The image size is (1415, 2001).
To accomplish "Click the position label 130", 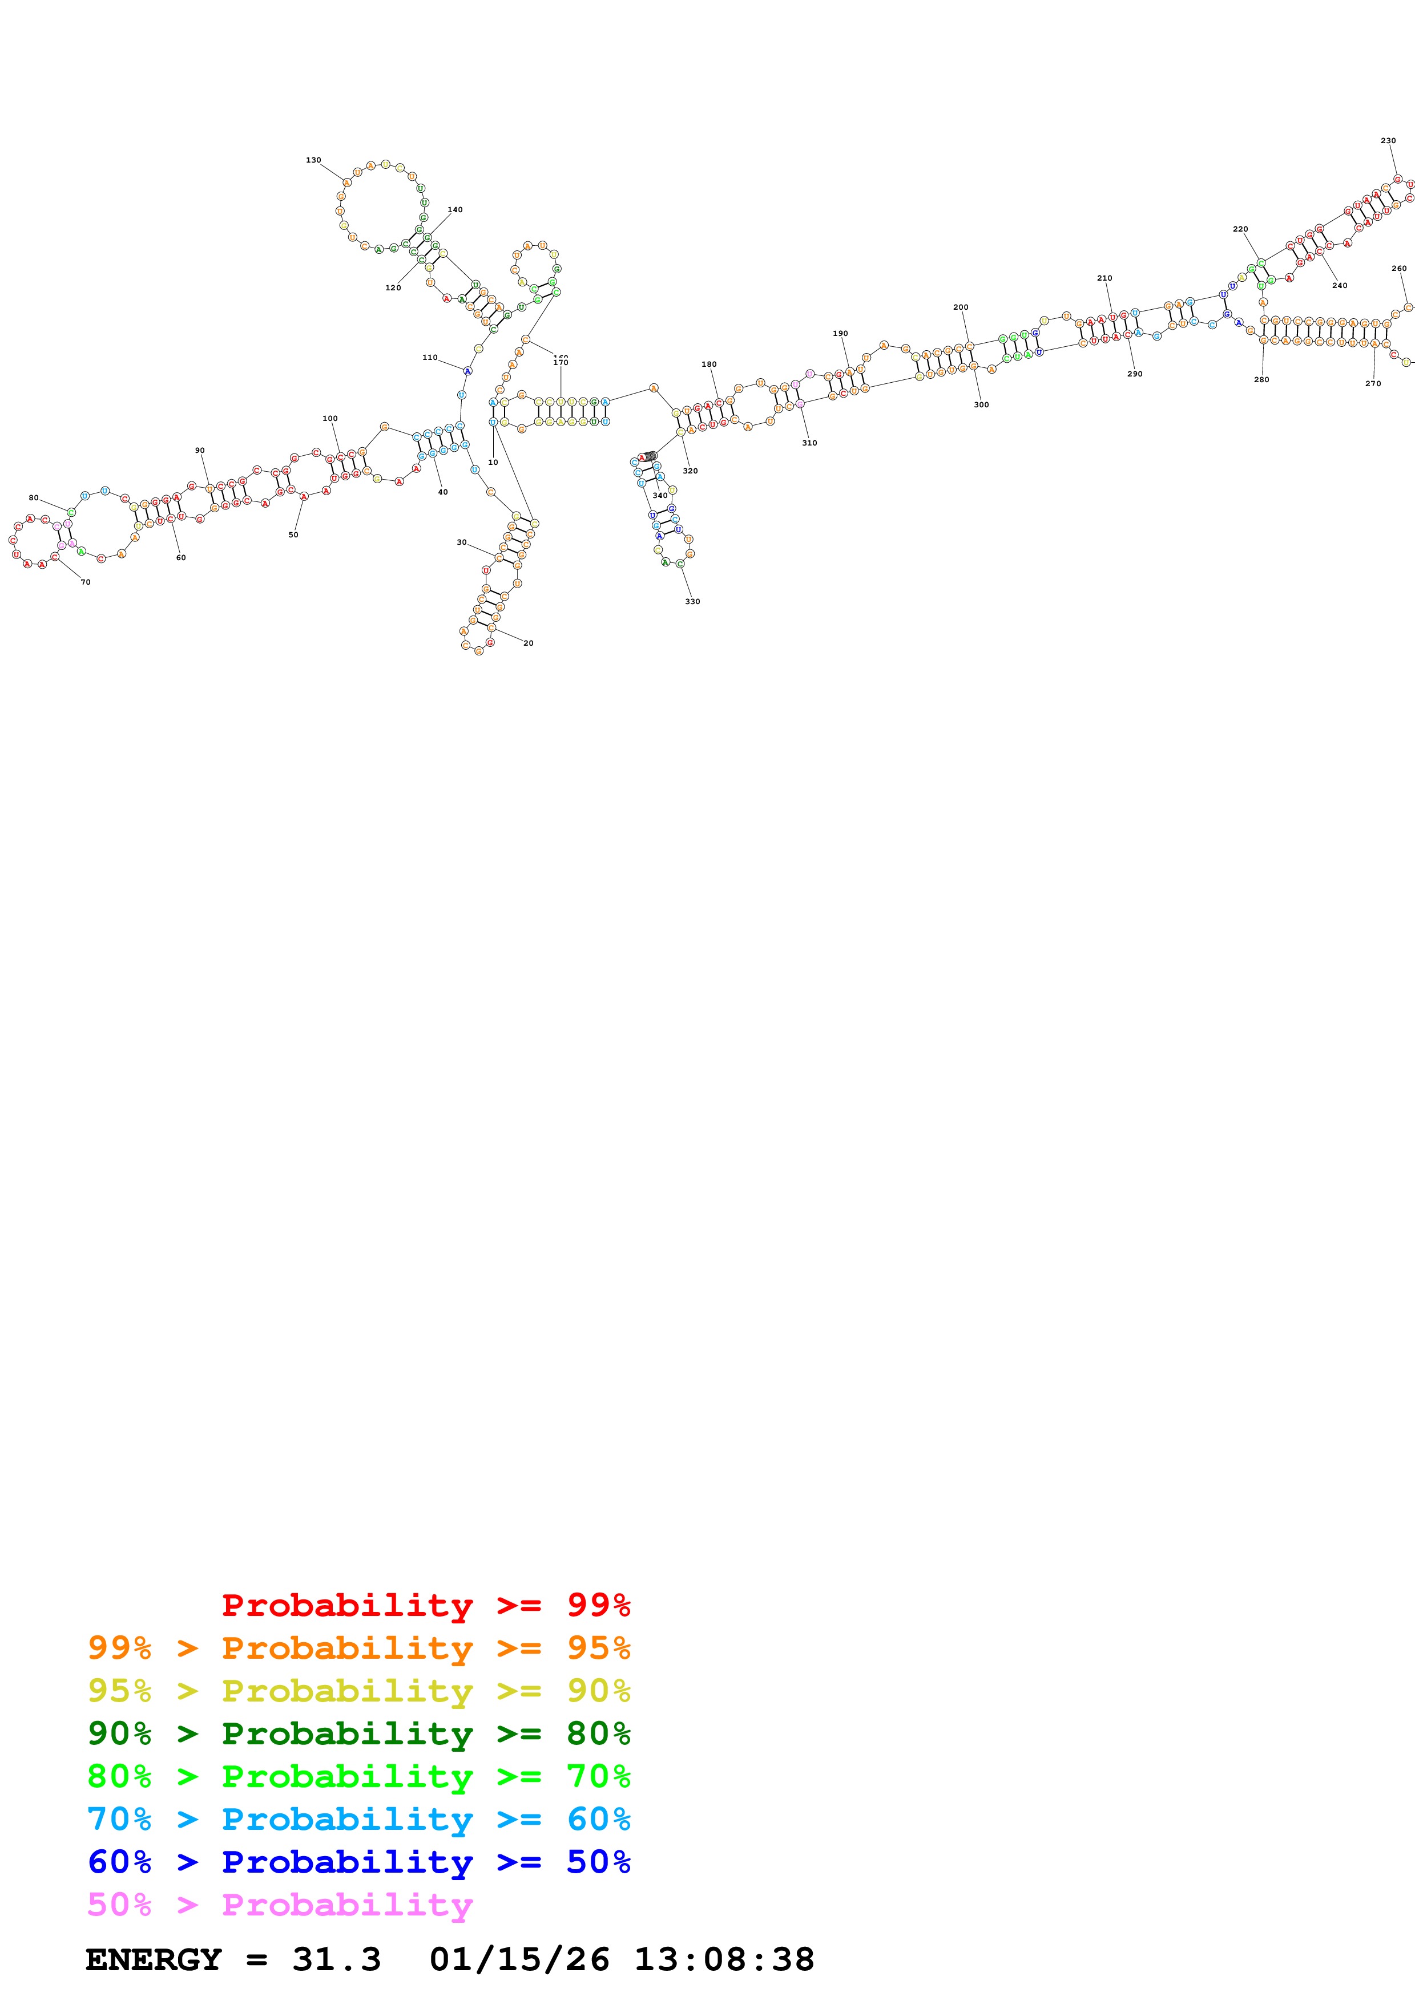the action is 313,160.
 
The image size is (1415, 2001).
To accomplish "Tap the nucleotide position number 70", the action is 86,582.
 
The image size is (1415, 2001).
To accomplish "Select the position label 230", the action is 1388,140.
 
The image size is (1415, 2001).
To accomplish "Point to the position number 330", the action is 692,601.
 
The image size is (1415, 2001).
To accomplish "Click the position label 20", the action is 529,643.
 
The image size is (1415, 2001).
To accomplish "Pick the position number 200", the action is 961,307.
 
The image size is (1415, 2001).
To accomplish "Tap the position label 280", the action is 1261,380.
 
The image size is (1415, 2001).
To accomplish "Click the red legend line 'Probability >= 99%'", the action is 425,1605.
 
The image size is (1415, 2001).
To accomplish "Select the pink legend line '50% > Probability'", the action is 280,1905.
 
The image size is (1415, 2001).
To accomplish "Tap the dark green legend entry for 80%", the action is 358,1734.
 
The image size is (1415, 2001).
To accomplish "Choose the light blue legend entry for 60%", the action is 358,1820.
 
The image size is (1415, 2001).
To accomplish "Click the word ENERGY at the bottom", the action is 154,1960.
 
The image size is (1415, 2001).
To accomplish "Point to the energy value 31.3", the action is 337,1960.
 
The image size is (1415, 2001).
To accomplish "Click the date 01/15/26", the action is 519,1960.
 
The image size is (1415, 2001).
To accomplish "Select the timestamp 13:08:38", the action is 724,1960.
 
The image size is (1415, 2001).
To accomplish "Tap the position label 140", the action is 455,210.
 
